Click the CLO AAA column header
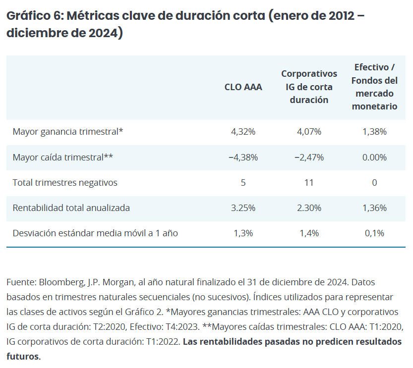pos(243,87)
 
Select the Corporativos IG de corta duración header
pos(309,87)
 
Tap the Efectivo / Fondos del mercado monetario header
pos(374,87)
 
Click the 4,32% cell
pos(243,132)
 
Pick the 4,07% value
pos(309,132)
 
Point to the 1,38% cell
pos(374,132)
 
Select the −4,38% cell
pos(243,158)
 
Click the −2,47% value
pos(309,158)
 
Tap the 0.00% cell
pos(374,158)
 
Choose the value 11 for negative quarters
pos(309,183)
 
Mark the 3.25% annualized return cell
pos(243,208)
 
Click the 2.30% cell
pos(309,208)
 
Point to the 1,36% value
pos(374,208)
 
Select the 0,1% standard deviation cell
pos(374,233)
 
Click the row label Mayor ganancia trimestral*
pos(67,132)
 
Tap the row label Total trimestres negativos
pos(65,183)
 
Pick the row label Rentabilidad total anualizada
pos(71,208)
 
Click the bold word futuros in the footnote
pos(22,357)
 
